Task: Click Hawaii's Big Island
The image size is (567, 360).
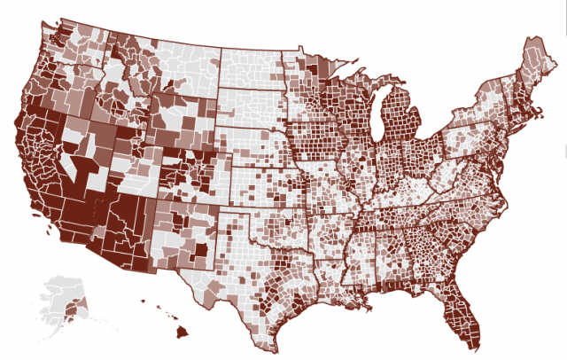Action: [181, 333]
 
